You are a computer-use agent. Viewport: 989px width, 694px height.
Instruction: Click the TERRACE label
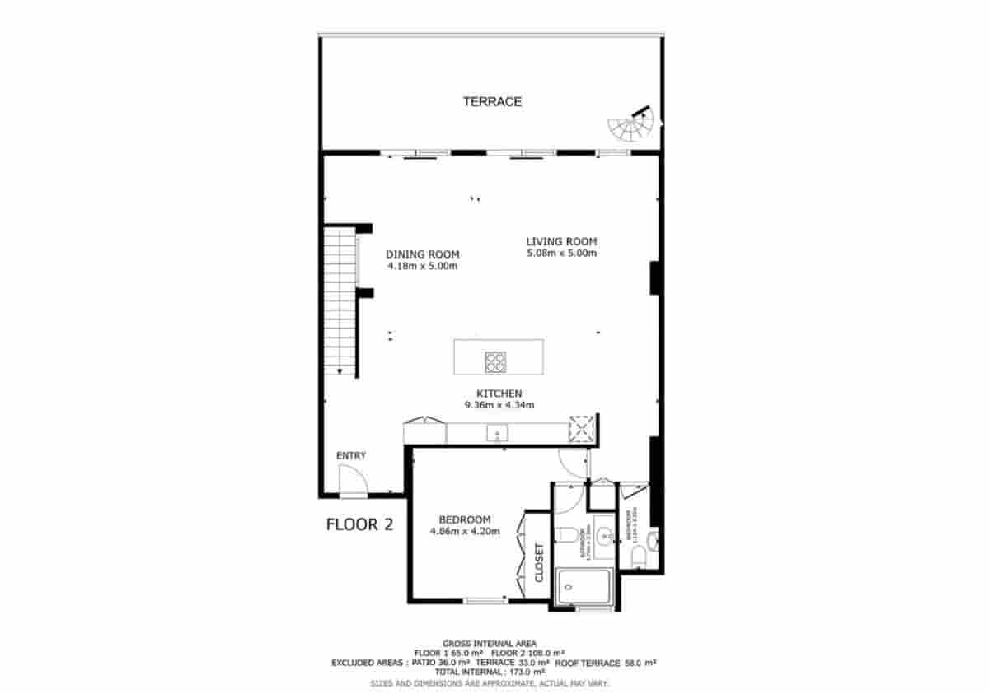(492, 102)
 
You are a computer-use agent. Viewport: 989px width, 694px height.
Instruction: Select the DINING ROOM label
(422, 254)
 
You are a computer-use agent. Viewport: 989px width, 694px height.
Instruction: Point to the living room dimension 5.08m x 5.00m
(561, 253)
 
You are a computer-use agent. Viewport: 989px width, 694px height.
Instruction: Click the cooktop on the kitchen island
(496, 360)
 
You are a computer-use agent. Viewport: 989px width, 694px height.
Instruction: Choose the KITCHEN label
(499, 394)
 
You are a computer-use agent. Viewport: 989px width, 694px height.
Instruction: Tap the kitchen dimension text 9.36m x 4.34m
(499, 405)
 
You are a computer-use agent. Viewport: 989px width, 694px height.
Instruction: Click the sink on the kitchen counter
(497, 432)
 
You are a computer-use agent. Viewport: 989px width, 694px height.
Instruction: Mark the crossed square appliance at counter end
(581, 430)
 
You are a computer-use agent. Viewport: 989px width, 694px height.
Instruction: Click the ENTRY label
(351, 456)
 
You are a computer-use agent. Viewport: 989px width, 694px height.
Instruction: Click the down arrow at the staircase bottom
(339, 370)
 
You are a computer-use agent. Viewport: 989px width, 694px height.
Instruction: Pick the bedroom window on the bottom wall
(486, 601)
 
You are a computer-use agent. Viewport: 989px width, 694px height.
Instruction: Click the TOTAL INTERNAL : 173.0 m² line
(489, 672)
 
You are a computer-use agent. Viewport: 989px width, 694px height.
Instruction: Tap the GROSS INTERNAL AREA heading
(490, 643)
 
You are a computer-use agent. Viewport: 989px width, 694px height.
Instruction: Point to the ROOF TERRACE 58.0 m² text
(616, 662)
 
